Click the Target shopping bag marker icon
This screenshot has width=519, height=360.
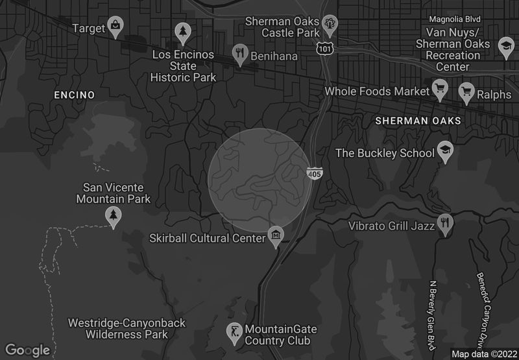(x=115, y=25)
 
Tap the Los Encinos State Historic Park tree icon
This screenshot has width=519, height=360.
(x=183, y=30)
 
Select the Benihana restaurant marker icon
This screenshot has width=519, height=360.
(x=240, y=53)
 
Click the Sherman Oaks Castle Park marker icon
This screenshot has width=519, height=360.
(x=330, y=24)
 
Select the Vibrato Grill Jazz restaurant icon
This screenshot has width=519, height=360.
(x=445, y=222)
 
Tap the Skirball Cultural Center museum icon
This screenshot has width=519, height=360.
(x=276, y=235)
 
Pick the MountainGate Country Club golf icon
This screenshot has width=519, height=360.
(x=234, y=333)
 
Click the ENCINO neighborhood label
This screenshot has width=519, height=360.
(x=74, y=95)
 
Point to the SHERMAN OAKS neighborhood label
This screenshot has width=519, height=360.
(x=418, y=121)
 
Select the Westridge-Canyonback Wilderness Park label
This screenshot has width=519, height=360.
(x=127, y=328)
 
